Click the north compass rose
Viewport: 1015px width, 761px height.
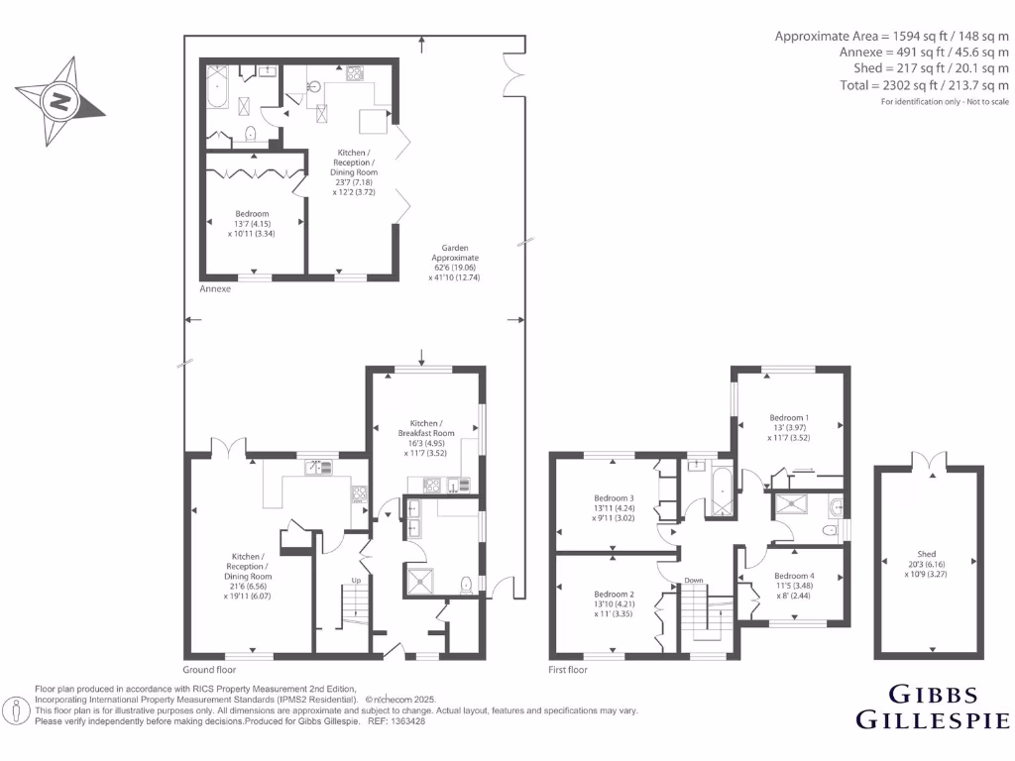pos(61,99)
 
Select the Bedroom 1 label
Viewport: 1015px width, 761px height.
pos(791,417)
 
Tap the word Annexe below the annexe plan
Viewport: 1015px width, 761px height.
pos(215,289)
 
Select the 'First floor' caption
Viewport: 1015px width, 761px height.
pos(569,670)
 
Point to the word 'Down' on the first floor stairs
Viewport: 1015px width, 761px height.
pos(694,580)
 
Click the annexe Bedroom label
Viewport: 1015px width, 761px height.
pos(252,219)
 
